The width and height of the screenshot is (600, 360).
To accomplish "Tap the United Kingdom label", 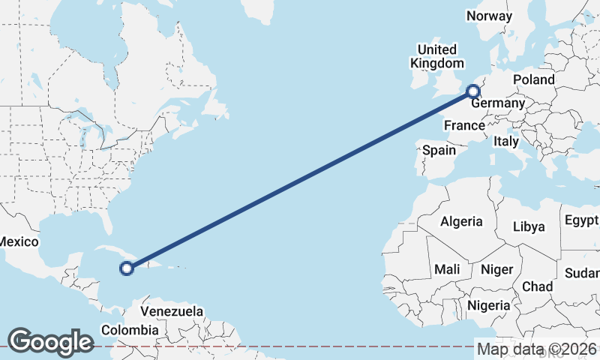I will click(x=436, y=56).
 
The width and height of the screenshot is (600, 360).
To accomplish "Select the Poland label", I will click(x=533, y=79).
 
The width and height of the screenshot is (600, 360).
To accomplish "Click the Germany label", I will click(x=496, y=103).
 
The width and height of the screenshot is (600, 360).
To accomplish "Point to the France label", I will click(x=463, y=125).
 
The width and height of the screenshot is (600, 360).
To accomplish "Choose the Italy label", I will click(x=506, y=140).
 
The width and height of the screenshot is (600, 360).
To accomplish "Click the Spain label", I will click(x=439, y=150).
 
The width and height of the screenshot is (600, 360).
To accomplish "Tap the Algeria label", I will click(x=461, y=222).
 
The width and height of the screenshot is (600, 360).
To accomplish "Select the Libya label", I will click(x=529, y=226).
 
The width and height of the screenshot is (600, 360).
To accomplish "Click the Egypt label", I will click(x=581, y=220).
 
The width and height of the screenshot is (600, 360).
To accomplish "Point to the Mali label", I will click(x=447, y=269).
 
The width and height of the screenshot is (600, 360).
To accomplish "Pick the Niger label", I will click(x=496, y=269).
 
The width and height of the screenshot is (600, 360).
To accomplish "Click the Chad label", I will click(x=537, y=286).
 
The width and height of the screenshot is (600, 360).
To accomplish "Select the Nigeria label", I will click(x=488, y=305).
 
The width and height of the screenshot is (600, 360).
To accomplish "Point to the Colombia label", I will click(x=130, y=330).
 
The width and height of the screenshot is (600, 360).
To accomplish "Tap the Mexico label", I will click(x=18, y=241).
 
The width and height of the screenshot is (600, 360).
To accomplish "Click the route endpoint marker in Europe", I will click(x=473, y=92).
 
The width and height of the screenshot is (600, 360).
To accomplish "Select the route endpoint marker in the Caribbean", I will click(x=127, y=267).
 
